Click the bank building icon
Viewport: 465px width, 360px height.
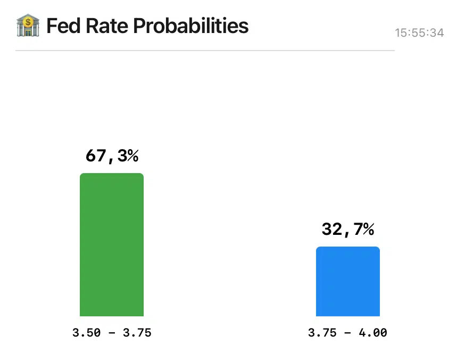pos(28,26)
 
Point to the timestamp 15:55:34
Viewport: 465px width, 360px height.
pos(419,33)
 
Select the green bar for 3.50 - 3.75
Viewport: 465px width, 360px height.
pos(112,245)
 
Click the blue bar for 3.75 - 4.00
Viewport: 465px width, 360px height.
pos(348,282)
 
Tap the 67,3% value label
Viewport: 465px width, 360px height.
pos(112,156)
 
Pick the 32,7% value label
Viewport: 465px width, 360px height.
pos(348,230)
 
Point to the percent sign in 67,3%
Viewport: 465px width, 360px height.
pos(132,156)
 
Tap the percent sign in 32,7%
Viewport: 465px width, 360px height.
pos(368,230)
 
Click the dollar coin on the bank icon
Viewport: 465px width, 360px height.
pos(28,23)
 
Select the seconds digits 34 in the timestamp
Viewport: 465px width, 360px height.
pos(437,33)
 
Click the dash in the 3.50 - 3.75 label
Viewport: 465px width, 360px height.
pos(112,334)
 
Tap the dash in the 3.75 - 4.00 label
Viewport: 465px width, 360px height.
pos(348,334)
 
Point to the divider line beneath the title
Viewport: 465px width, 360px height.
pos(205,51)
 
